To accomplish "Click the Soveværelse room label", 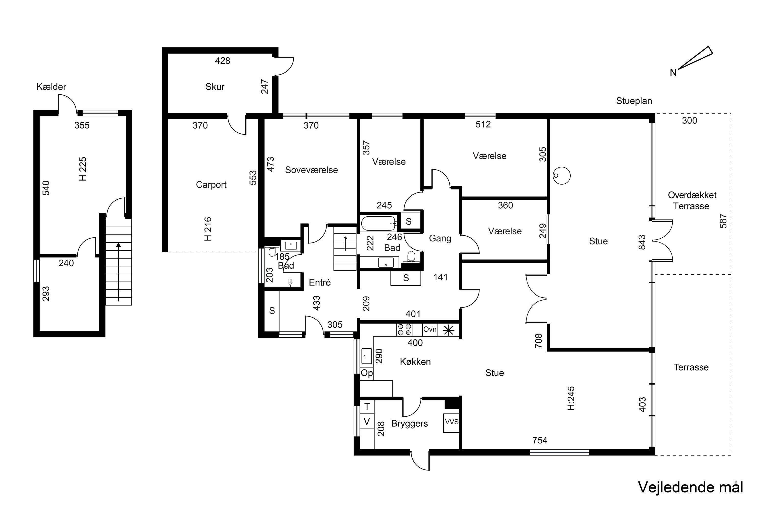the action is click(x=311, y=170).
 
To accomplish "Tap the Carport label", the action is click(x=211, y=185).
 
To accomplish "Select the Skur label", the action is click(x=215, y=87).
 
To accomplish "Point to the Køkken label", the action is click(x=415, y=362).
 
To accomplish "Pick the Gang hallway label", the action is click(x=440, y=238).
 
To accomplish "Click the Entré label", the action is click(x=320, y=282).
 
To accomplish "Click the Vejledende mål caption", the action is click(x=690, y=488).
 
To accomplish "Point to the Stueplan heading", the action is click(x=634, y=101).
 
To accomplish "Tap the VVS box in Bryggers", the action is click(x=451, y=423).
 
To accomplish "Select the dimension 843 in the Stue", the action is click(x=642, y=242).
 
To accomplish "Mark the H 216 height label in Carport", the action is click(x=208, y=229).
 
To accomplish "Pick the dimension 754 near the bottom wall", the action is click(x=540, y=440).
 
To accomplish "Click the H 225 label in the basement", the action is click(x=83, y=169).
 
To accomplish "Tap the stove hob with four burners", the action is click(x=404, y=329).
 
